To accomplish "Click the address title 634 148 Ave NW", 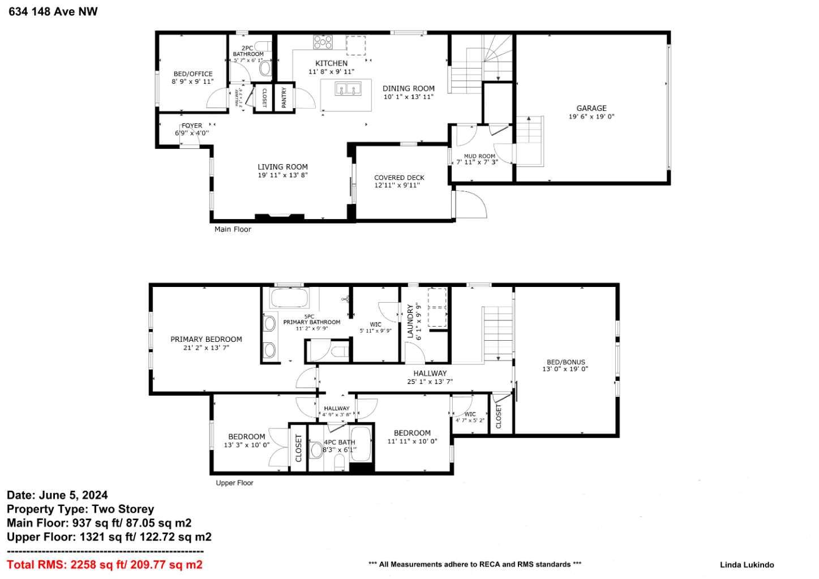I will click(53, 12).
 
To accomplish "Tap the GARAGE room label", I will click(591, 108).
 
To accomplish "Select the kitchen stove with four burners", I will click(323, 42).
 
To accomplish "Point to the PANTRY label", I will click(284, 97).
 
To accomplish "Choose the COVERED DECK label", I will click(399, 178).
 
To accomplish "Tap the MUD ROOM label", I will click(479, 156).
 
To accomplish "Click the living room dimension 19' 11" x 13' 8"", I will click(282, 175).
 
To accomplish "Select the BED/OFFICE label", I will click(193, 74).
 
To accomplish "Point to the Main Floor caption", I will click(233, 229).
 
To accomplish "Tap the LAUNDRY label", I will click(410, 321).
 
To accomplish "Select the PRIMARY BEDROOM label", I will click(206, 339).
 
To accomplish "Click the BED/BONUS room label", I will click(565, 362).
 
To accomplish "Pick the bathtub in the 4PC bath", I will click(363, 444).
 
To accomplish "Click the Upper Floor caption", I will click(234, 483).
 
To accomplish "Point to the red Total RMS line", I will click(105, 564).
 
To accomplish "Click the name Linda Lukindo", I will click(747, 564).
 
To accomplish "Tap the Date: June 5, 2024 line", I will click(57, 495).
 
